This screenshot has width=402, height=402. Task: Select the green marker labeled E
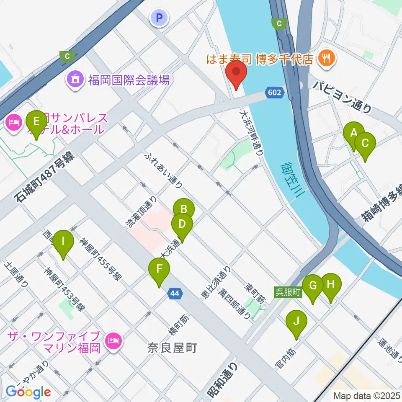tap(36, 122)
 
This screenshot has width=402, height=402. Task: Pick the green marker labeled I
tap(63, 242)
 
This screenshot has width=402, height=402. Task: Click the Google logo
tap(28, 392)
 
